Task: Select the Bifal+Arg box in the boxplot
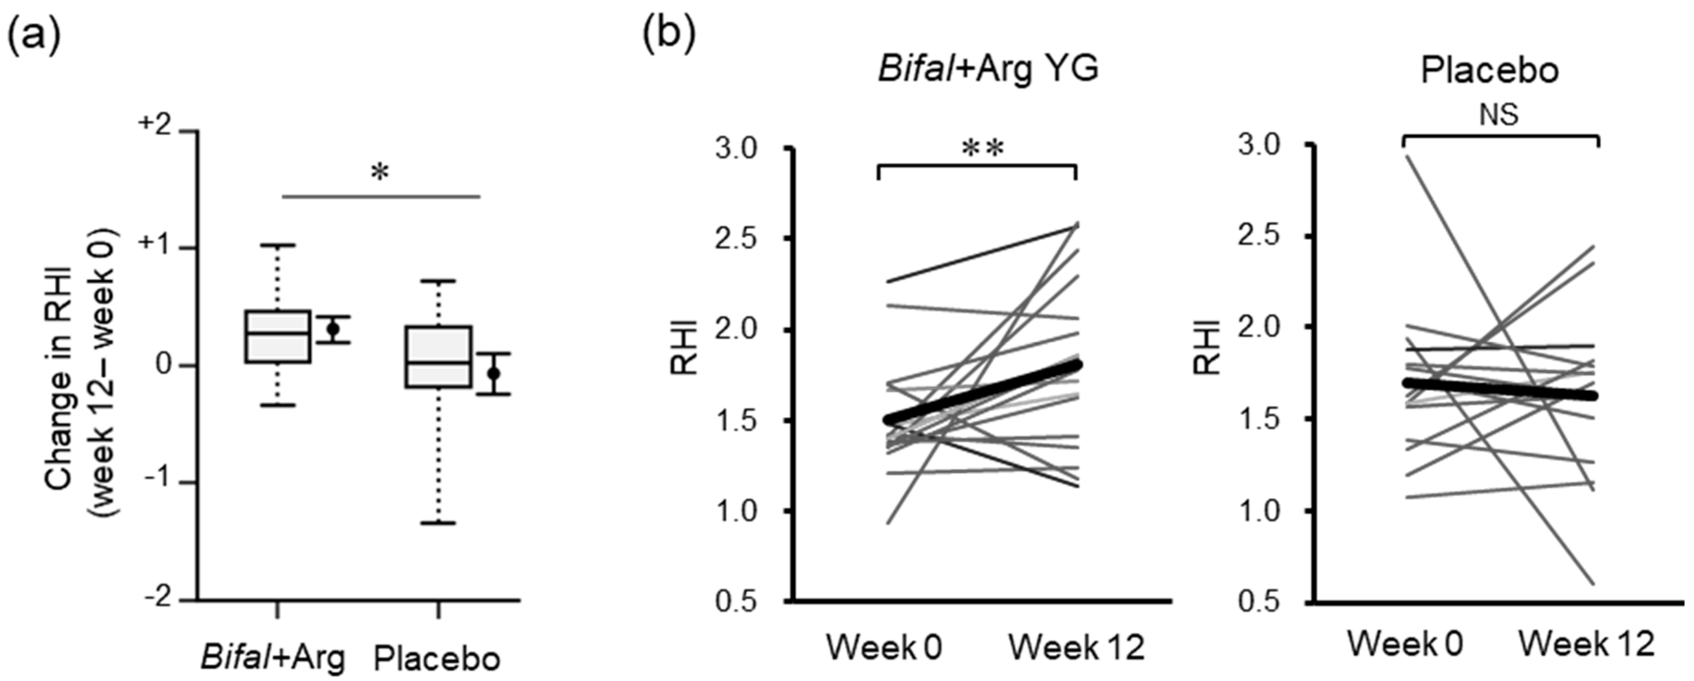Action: point(278,336)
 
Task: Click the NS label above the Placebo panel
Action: point(1500,115)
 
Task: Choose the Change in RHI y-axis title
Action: point(82,372)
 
